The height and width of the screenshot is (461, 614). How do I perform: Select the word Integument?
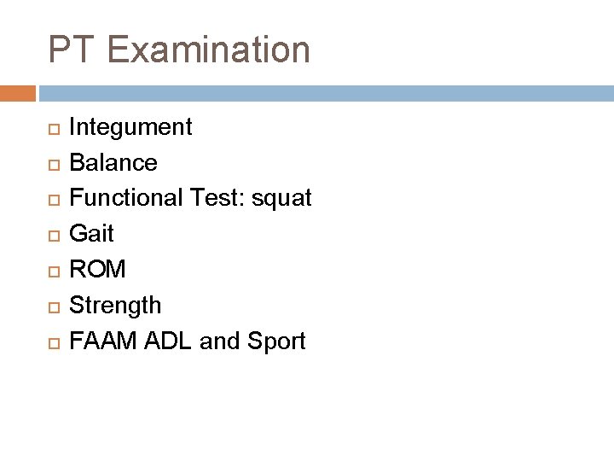coord(130,128)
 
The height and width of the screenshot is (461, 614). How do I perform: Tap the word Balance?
coord(113,163)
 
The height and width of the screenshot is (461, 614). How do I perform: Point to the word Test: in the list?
coord(223,199)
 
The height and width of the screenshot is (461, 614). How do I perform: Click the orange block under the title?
coord(18,90)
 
